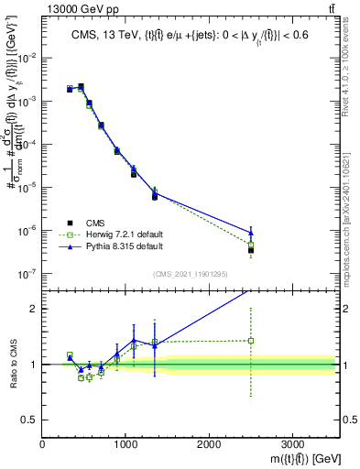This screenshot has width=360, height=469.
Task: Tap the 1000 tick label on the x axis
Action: click(125, 444)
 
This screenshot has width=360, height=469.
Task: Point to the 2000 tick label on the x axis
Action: click(209, 444)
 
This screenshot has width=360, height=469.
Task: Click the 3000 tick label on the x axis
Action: click(292, 444)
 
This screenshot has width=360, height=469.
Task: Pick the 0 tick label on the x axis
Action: click(43, 444)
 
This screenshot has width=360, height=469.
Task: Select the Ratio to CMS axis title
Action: click(13, 364)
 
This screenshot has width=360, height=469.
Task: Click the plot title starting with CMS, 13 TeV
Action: click(189, 37)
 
